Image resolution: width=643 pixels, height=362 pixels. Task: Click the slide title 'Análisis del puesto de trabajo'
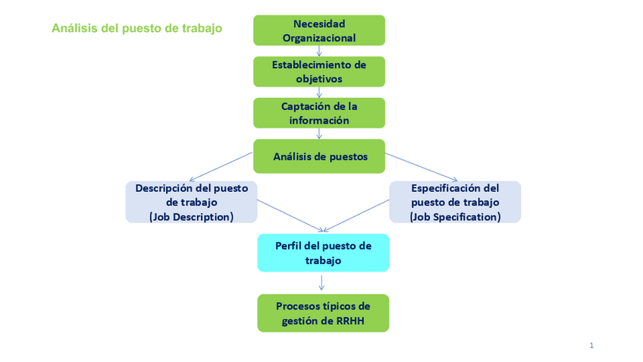point(136,29)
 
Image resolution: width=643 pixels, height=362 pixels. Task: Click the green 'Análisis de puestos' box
point(319,157)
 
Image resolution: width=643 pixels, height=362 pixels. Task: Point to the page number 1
point(591,345)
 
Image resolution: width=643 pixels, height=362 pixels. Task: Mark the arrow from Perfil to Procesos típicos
point(322,282)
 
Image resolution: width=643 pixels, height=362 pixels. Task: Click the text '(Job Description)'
point(191,217)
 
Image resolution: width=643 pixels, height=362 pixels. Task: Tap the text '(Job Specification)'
point(455,217)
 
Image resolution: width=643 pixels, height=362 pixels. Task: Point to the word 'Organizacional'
point(319,37)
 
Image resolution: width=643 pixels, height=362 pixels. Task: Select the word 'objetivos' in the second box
point(319,78)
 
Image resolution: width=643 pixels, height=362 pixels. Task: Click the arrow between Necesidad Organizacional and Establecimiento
point(319,51)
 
